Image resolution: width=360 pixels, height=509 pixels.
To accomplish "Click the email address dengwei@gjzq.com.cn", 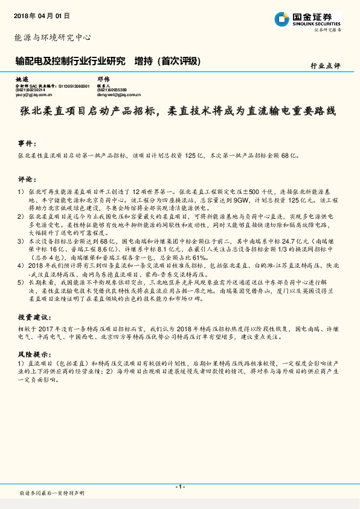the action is [119, 95].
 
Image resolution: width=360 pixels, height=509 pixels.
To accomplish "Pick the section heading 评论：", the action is [27, 179].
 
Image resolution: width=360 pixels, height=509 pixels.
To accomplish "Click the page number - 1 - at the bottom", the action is [179, 486].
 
